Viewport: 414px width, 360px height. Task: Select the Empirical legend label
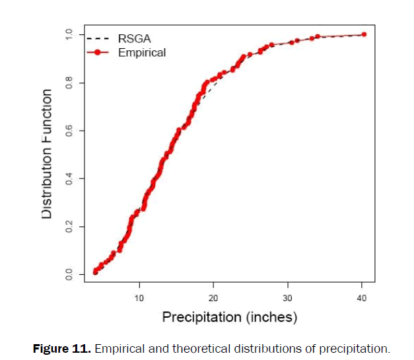click(141, 52)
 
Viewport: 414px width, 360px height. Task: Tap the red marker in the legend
click(98, 52)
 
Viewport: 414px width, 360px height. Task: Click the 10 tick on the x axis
click(139, 297)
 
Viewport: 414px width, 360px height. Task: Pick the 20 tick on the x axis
click(213, 297)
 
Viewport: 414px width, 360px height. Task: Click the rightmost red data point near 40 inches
click(364, 34)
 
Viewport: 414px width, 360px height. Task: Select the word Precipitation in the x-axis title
click(201, 318)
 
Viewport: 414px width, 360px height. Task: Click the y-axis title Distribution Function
click(47, 154)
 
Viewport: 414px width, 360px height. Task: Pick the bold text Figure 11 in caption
click(61, 347)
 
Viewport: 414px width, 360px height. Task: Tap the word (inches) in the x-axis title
click(271, 318)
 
